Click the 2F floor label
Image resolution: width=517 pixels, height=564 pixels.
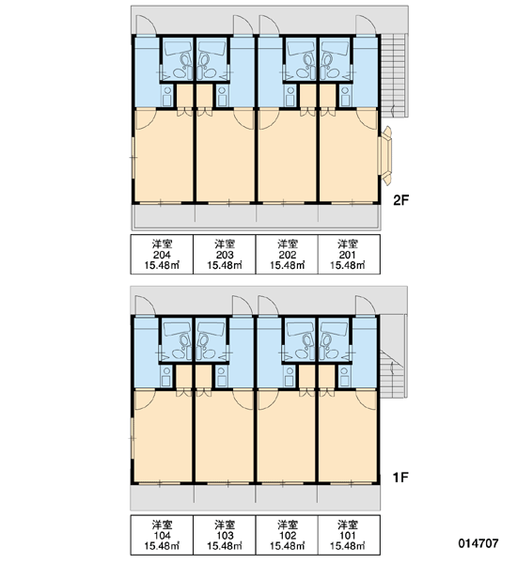tap(401, 199)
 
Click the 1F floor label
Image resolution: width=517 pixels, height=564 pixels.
tap(400, 478)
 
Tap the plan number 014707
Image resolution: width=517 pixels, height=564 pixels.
tap(478, 543)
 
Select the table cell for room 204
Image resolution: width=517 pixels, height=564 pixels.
tap(162, 255)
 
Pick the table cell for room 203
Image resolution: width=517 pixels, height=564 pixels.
tap(225, 255)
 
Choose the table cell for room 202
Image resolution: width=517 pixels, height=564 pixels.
tap(287, 255)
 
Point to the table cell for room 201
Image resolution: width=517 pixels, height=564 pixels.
tap(349, 255)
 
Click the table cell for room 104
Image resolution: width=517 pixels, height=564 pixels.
tap(162, 535)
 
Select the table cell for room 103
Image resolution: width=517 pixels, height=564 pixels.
tap(225, 535)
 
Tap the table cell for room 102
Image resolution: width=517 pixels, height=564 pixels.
tap(287, 535)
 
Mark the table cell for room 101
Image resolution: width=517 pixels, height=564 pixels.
tap(349, 535)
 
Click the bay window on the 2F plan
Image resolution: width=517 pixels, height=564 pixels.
tap(386, 156)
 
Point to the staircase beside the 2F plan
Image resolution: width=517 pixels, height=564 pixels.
tap(395, 75)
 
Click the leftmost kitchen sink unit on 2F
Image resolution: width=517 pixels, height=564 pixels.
tap(166, 95)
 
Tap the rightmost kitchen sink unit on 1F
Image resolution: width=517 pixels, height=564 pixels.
tap(344, 376)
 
